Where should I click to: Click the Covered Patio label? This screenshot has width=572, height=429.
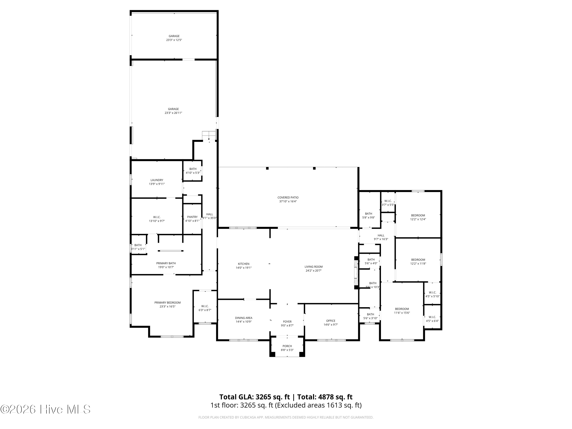[288, 198]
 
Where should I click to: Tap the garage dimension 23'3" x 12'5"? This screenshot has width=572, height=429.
[174, 40]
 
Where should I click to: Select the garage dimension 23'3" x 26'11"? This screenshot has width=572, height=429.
[173, 113]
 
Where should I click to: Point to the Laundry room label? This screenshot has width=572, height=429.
[157, 180]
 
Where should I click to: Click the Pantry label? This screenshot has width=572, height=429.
[192, 217]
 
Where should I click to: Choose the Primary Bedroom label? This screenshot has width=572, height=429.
[167, 303]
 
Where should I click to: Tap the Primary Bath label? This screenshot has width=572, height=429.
[166, 263]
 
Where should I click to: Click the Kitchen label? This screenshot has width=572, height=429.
[243, 264]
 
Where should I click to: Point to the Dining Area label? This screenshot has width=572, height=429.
[243, 318]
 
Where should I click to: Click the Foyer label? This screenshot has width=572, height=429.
[287, 322]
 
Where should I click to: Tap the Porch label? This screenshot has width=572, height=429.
[287, 346]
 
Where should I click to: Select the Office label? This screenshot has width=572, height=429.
[330, 321]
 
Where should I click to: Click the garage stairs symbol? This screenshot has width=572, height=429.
[209, 135]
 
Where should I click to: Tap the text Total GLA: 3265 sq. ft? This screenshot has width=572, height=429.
[255, 397]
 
